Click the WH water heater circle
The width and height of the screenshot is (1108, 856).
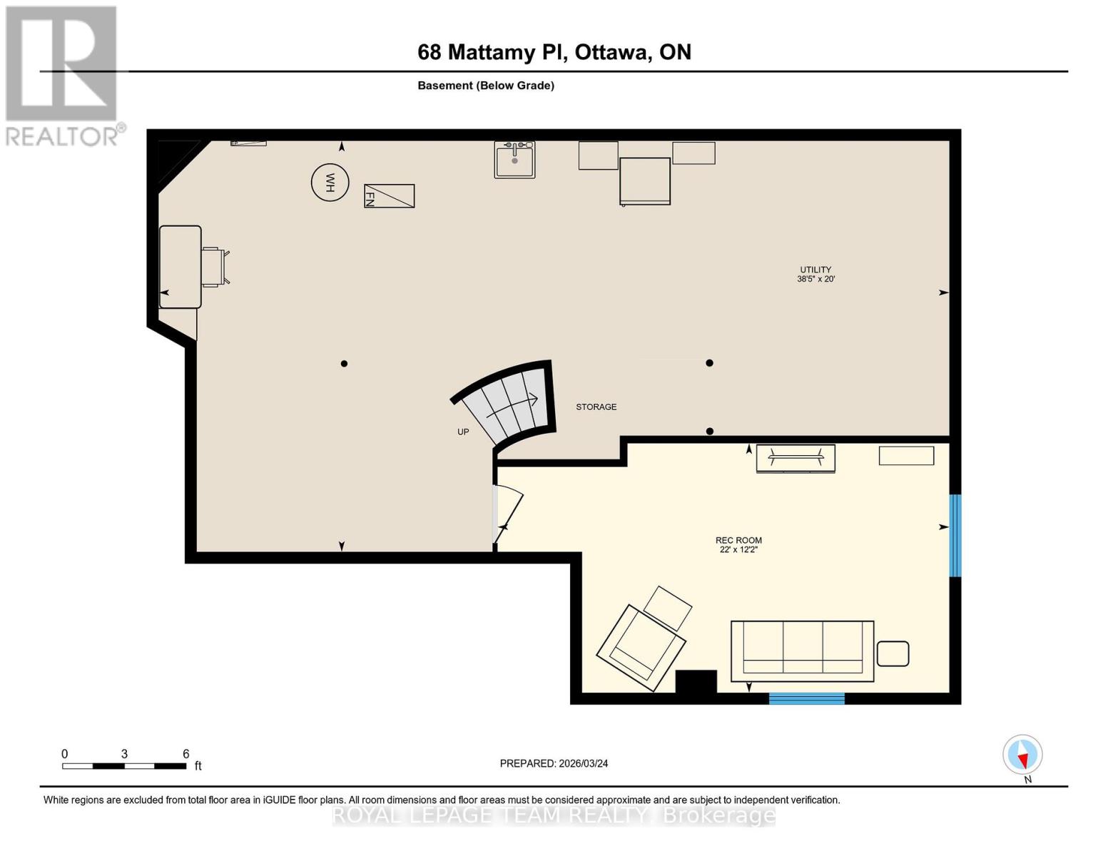point(330,182)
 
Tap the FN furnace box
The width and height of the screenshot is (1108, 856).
point(389,195)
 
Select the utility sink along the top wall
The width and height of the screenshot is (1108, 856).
point(514,159)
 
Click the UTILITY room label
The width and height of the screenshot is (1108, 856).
point(815,274)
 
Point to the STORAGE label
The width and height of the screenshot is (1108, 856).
point(596,407)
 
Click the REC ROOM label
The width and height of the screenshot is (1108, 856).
point(738,544)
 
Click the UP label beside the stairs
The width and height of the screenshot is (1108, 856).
point(463,432)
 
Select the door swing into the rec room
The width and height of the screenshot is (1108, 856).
point(508,514)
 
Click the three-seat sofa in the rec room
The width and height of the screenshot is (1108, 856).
point(802,651)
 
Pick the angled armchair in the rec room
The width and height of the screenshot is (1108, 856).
point(641,646)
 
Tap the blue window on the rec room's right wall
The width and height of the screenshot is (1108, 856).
point(955,535)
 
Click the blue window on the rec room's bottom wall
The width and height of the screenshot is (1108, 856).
point(806,698)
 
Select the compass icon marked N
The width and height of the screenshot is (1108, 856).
point(1022,755)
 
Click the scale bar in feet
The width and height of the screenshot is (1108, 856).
point(124,766)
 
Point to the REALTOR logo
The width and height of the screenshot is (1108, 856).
point(63,75)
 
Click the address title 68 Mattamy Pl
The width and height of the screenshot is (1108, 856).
point(554,52)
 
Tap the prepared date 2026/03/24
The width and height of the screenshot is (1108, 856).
point(554,763)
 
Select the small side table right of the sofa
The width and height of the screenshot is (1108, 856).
point(892,653)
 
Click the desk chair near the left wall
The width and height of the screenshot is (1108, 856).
point(214,267)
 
